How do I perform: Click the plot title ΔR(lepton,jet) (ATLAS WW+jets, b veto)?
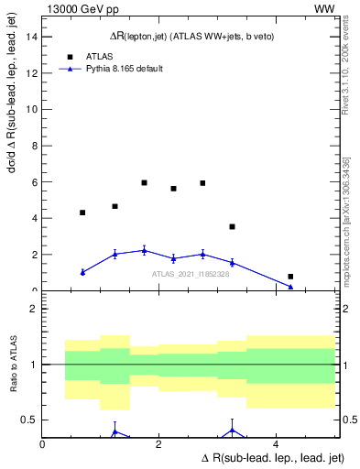point(188,35)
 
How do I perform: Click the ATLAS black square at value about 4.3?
point(82,213)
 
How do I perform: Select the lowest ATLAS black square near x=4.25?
point(290,277)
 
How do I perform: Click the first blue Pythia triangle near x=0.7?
point(82,272)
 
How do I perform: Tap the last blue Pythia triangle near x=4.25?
point(290,287)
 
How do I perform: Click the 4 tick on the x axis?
point(277,444)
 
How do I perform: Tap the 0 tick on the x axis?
point(43,444)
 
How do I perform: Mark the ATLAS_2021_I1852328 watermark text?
point(190,274)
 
